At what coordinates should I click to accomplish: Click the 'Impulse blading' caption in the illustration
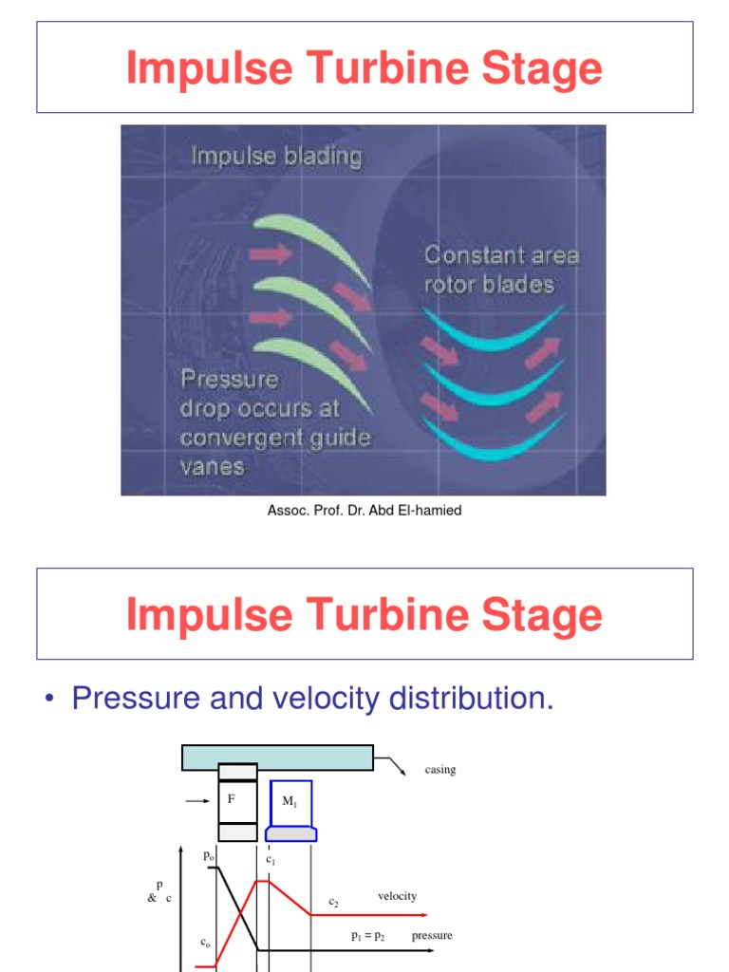click(x=276, y=156)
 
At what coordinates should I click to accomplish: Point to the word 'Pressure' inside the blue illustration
click(x=230, y=380)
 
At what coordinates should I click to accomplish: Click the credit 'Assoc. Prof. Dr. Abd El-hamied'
click(x=364, y=511)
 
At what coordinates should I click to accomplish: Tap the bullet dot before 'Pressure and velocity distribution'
click(x=49, y=701)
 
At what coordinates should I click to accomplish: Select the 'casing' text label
click(x=440, y=770)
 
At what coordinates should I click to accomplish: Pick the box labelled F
click(x=236, y=800)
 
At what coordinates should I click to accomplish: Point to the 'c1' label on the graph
click(x=271, y=859)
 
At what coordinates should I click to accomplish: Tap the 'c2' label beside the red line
click(x=334, y=903)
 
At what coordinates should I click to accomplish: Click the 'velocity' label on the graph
click(x=397, y=896)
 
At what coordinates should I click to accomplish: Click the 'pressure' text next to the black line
click(x=432, y=936)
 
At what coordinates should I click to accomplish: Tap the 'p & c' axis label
click(x=159, y=891)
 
